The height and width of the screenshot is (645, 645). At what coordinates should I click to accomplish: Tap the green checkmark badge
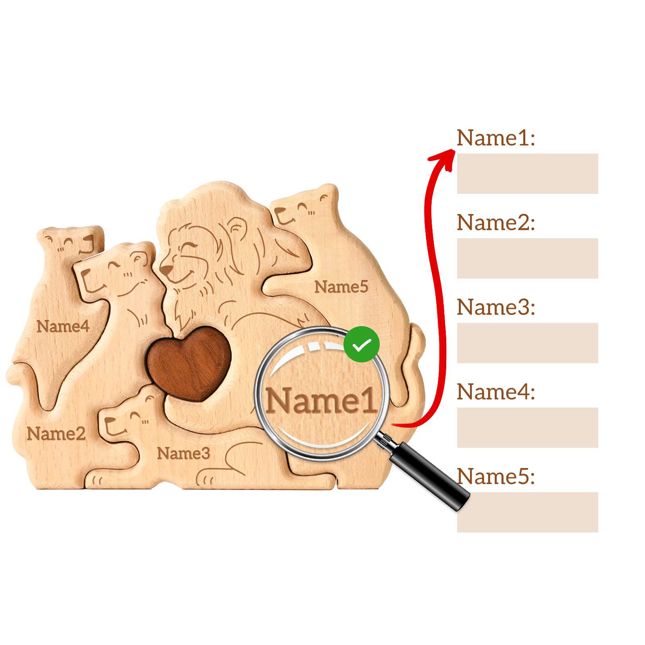(362, 344)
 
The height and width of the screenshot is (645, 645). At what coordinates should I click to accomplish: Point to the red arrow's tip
(455, 150)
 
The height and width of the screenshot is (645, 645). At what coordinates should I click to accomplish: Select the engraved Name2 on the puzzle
(56, 434)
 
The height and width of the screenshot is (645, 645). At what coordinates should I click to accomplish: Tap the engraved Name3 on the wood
(183, 453)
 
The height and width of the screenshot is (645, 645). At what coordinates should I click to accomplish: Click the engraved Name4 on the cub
(63, 326)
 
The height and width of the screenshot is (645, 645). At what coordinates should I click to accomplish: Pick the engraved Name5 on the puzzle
(341, 287)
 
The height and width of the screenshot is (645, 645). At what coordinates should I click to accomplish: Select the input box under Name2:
(527, 258)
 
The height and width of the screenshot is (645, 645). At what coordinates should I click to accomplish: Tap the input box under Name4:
(527, 427)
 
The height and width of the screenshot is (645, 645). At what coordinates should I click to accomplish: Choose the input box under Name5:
(527, 512)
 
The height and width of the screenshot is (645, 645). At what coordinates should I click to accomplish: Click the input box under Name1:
(527, 173)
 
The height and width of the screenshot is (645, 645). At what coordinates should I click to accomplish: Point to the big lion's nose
(165, 269)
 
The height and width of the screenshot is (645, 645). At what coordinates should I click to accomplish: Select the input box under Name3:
(527, 343)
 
